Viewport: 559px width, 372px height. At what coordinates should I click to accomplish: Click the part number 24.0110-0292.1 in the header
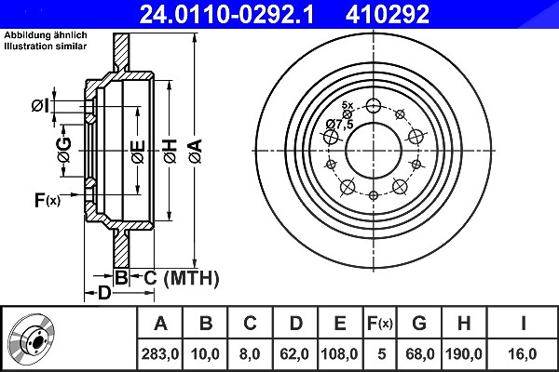pyautogui.click(x=226, y=14)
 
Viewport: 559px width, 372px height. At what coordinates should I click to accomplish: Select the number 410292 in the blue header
pyautogui.click(x=388, y=14)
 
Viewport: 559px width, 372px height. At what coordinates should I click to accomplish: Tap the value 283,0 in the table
pyautogui.click(x=159, y=353)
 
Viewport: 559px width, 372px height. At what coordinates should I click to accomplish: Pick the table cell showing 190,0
pyautogui.click(x=464, y=353)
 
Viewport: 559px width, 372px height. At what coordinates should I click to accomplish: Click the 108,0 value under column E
pyautogui.click(x=339, y=353)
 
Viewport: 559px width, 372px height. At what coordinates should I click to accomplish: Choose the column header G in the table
pyautogui.click(x=419, y=324)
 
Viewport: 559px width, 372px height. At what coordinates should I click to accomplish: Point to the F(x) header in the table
pyautogui.click(x=380, y=324)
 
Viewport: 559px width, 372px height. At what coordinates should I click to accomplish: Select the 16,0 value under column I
pyautogui.click(x=523, y=353)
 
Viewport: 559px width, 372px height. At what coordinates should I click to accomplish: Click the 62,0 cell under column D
pyautogui.click(x=294, y=353)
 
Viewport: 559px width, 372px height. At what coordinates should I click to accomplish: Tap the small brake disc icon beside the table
pyautogui.click(x=32, y=339)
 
